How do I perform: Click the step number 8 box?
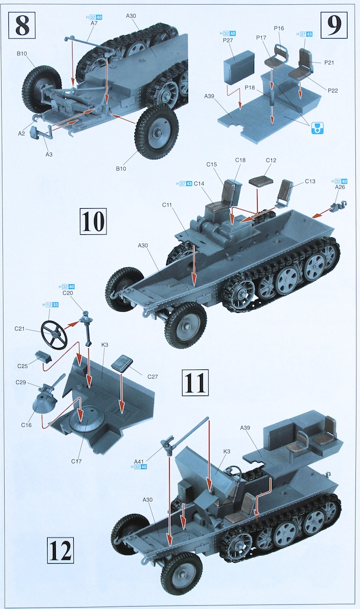click(21, 26)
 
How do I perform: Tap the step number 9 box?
click(336, 26)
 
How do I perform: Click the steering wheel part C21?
click(54, 335)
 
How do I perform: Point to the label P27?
click(228, 40)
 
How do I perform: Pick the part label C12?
click(271, 161)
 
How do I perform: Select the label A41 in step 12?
click(139, 461)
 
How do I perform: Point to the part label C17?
click(76, 461)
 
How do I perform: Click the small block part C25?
click(42, 356)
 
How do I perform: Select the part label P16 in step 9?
click(278, 28)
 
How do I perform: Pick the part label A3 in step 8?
click(49, 154)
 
